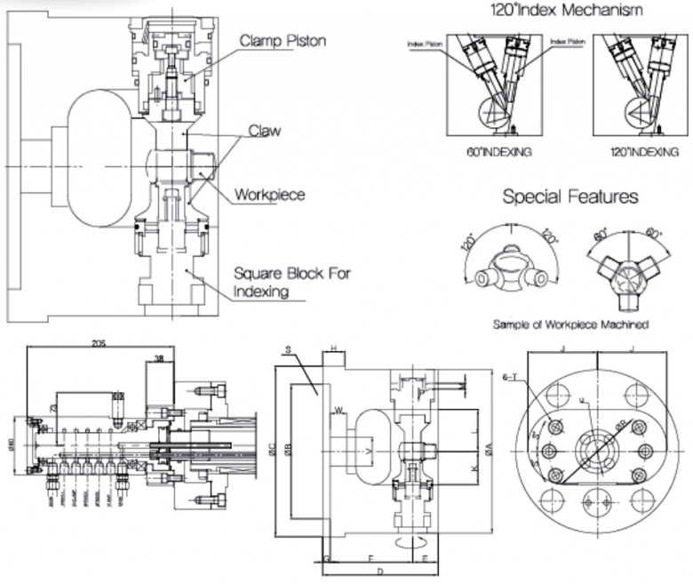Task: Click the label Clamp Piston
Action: click(283, 41)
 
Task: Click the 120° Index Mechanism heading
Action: click(567, 11)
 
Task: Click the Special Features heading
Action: click(570, 196)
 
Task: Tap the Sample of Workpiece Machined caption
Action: click(570, 324)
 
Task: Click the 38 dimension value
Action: click(158, 359)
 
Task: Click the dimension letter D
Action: click(379, 573)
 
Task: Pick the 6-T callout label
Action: click(533, 378)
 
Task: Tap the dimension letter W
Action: click(339, 411)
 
